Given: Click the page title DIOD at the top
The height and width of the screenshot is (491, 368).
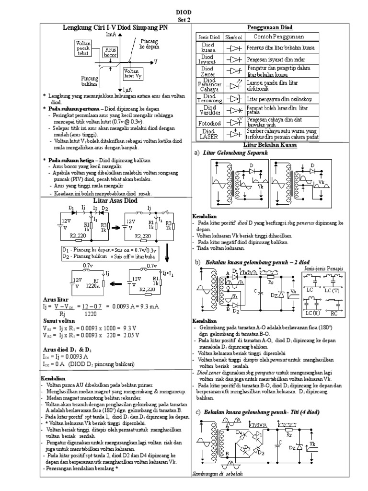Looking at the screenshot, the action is point(184,13).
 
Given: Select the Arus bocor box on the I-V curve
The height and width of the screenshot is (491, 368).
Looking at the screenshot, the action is point(110,53).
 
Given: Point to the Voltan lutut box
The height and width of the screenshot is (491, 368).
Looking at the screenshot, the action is point(132,73).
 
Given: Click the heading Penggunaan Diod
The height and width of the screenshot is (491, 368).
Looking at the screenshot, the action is point(270,27).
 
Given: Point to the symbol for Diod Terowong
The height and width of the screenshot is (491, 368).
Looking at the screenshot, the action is point(233,99).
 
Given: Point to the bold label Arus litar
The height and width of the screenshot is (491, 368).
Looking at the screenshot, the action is point(56,300).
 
